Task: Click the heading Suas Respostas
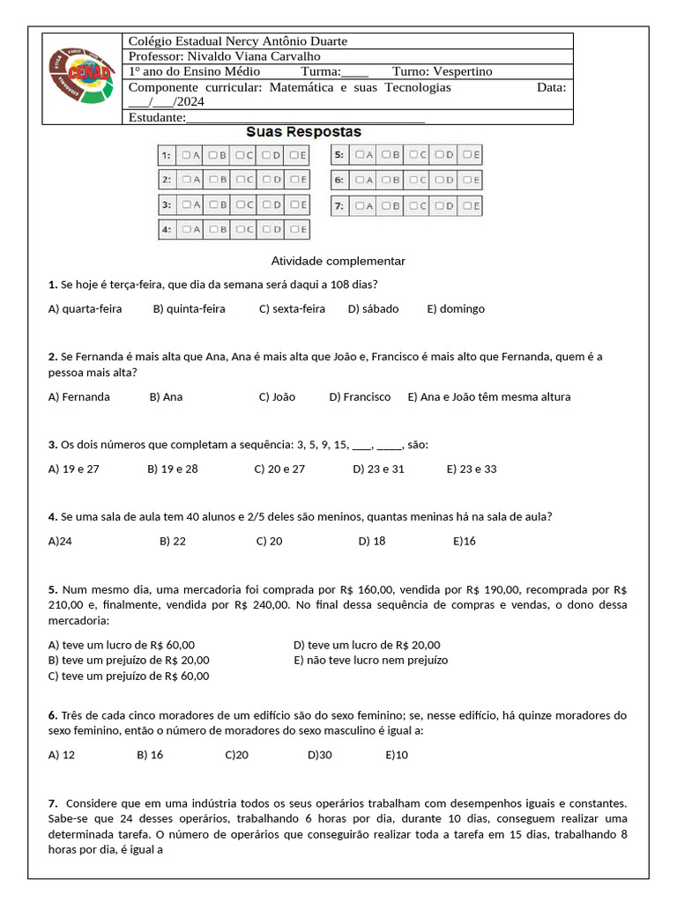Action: point(303,131)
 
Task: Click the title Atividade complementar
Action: point(338,262)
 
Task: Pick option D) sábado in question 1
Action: point(373,309)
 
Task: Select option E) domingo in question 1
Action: point(456,309)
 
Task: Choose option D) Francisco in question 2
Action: point(360,397)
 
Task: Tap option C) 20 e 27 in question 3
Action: point(279,469)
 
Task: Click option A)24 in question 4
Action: point(60,542)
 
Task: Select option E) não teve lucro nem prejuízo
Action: point(370,660)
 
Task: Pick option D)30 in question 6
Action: point(319,755)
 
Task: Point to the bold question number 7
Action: point(54,803)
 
